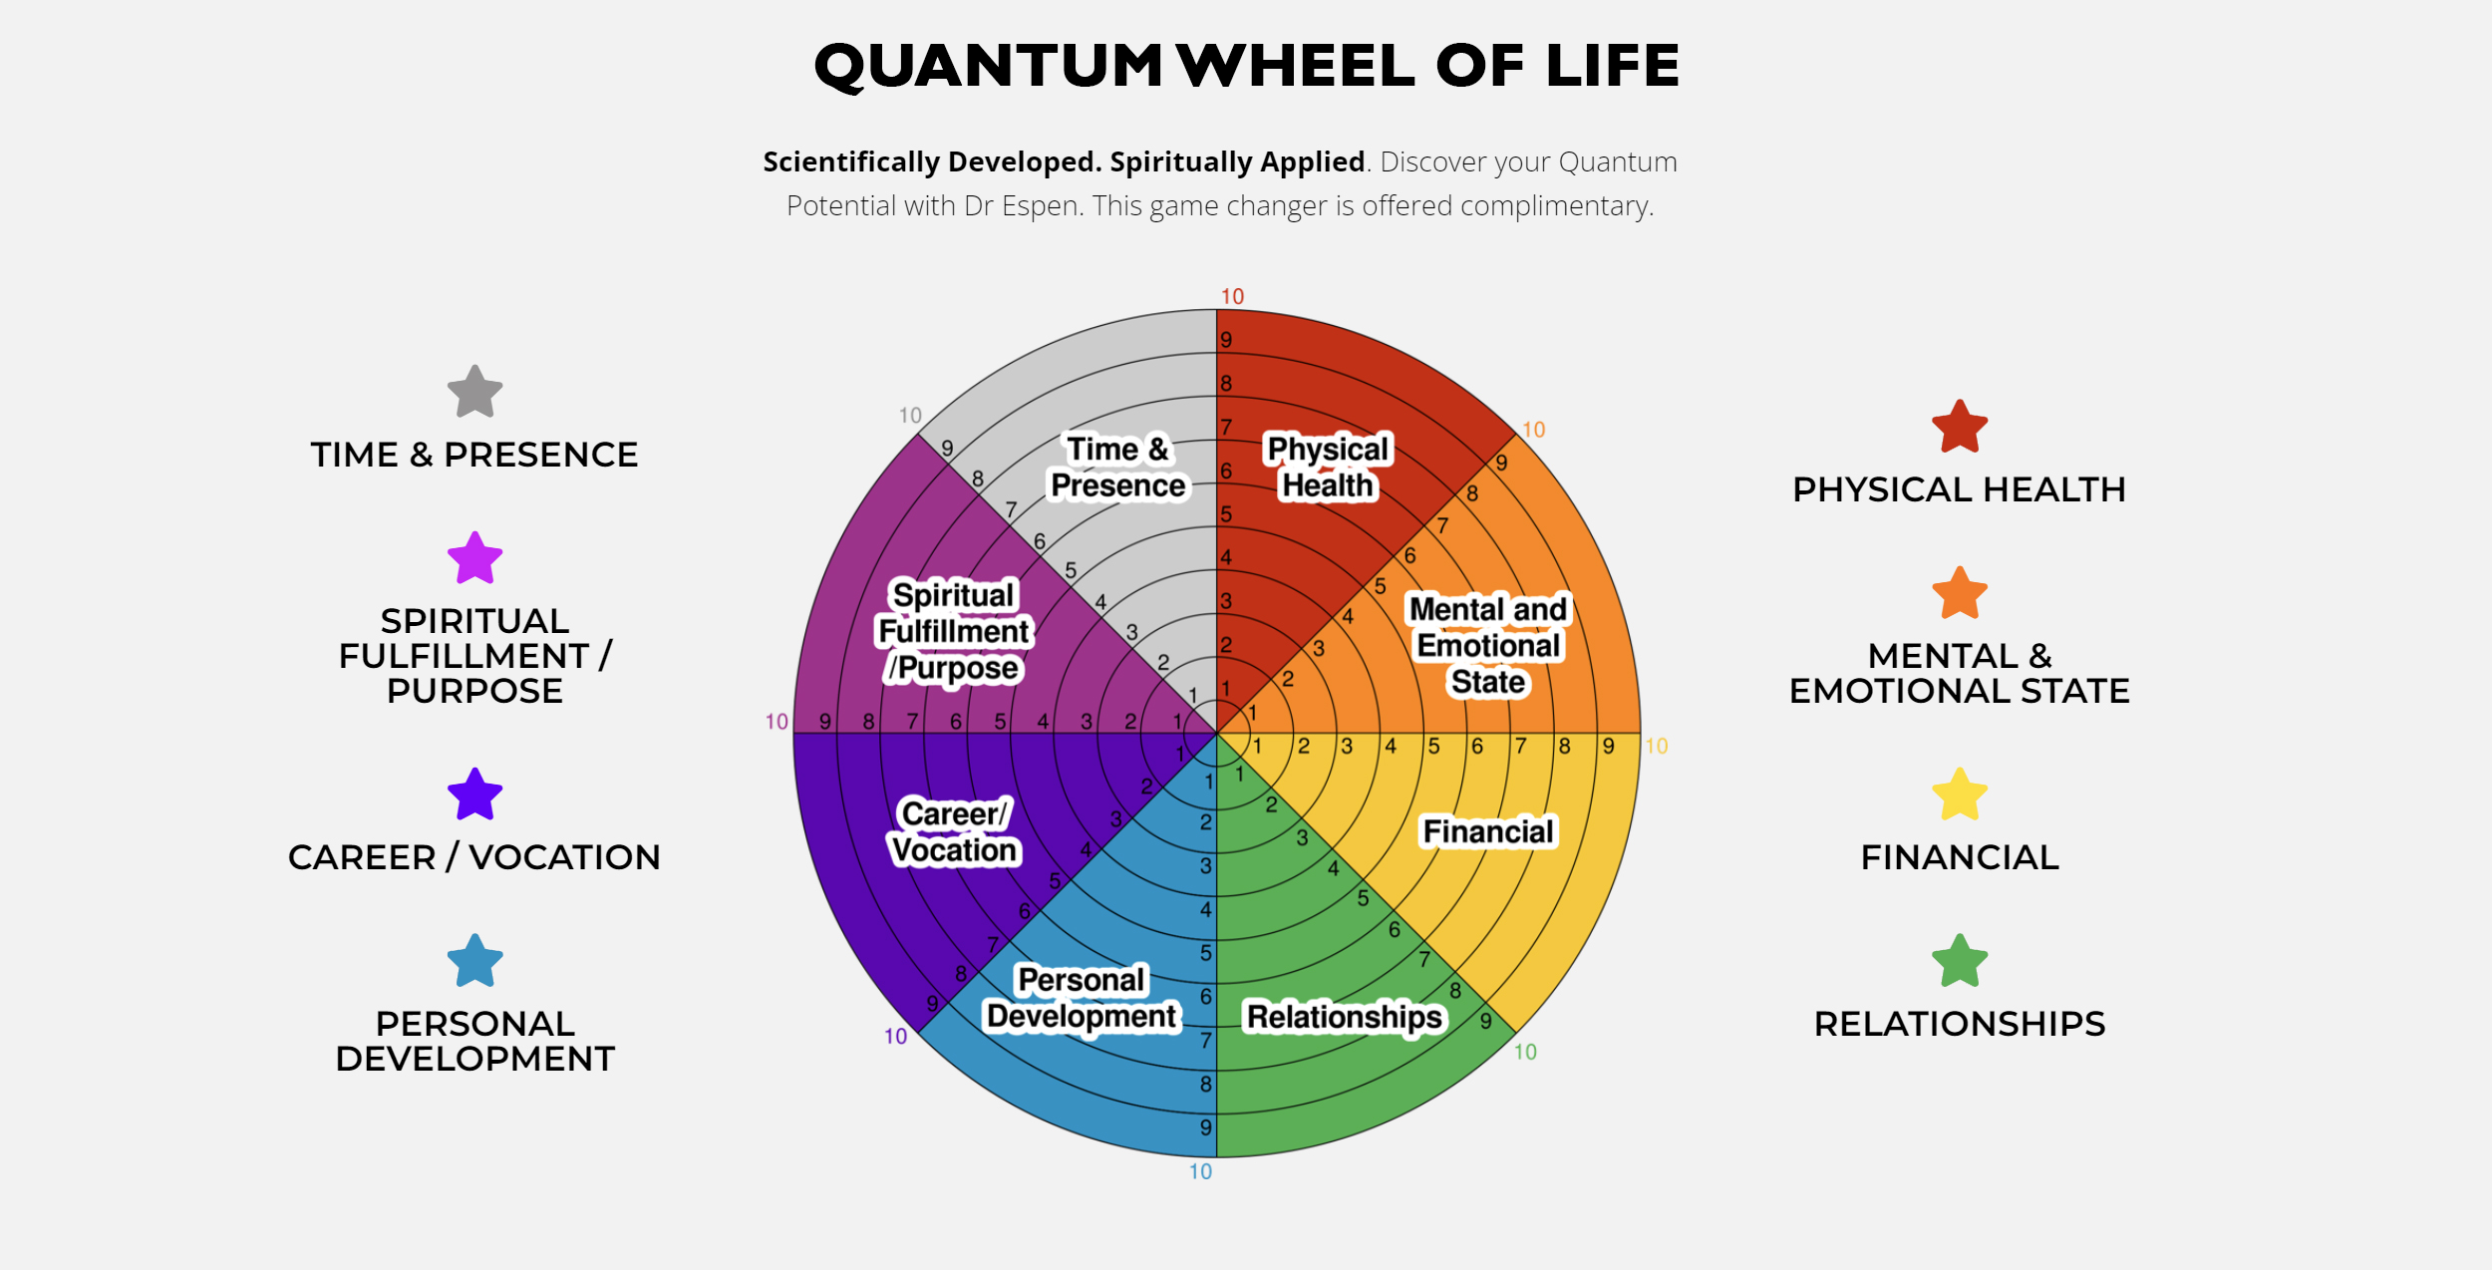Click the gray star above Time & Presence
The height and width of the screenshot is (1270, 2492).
474,392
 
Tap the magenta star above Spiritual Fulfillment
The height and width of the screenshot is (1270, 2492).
474,558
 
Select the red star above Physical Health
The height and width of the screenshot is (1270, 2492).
1960,428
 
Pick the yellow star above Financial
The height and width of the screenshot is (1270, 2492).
1960,794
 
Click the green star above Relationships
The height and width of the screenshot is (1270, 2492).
1960,961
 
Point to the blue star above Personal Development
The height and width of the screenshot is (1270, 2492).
474,961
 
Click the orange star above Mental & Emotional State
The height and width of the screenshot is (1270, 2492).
1960,594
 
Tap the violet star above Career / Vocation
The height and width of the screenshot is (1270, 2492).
474,794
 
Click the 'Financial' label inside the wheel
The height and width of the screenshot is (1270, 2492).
1487,831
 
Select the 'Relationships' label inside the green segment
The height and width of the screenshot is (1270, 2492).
1345,1017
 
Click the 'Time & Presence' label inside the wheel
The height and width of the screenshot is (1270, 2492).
1118,468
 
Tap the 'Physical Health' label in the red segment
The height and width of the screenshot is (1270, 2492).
1328,468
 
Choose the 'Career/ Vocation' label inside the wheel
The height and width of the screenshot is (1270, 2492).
955,832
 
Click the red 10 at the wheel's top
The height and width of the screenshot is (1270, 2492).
1232,297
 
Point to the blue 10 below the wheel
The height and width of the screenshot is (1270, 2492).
1200,1172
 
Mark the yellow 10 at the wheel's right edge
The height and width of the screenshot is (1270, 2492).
1656,747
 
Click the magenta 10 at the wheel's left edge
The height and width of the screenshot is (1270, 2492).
777,722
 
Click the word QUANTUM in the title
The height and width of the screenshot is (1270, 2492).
988,67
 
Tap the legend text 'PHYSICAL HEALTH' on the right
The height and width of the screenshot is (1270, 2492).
1959,490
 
